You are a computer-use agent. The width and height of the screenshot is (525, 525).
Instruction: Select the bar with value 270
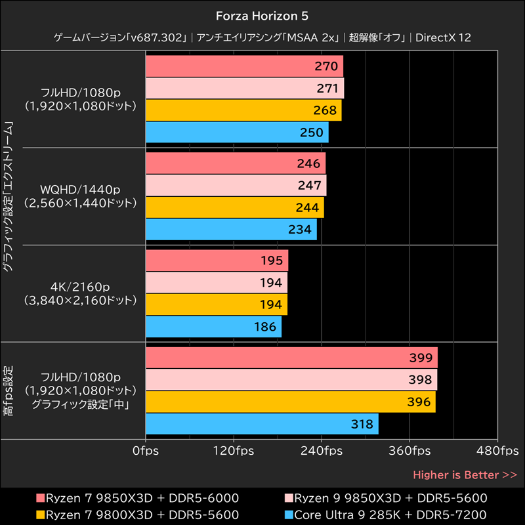[x=243, y=66]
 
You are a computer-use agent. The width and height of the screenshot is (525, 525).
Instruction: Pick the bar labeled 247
[x=236, y=186]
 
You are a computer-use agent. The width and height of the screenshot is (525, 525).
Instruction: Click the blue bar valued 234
[x=231, y=229]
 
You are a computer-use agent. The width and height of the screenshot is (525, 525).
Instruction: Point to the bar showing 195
[x=217, y=261]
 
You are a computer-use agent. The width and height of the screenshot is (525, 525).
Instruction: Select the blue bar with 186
[x=213, y=326]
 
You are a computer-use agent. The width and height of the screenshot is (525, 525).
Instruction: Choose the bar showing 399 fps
[x=291, y=358]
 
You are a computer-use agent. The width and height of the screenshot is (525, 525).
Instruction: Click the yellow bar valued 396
[x=290, y=402]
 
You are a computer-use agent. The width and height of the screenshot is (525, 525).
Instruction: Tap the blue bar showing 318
[x=261, y=424]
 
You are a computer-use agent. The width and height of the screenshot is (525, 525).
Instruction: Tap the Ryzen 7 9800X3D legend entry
[x=137, y=514]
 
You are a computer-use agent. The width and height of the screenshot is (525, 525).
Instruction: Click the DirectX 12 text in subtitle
[x=443, y=38]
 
